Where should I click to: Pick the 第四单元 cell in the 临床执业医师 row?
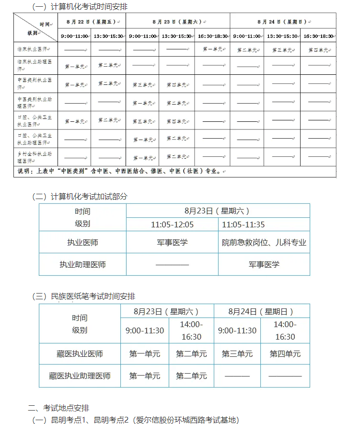[x=318, y=49]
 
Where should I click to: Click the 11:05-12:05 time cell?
[x=172, y=224]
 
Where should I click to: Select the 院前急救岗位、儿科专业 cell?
[x=264, y=243]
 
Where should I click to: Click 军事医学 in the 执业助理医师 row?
[x=264, y=264]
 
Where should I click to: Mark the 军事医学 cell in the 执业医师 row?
[x=172, y=243]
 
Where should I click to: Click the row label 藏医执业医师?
[x=80, y=354]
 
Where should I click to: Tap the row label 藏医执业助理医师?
[x=80, y=376]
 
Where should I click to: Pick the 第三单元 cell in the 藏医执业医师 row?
[x=237, y=354]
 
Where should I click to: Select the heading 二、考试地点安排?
[x=58, y=408]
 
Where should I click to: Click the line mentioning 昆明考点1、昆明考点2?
[x=134, y=420]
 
